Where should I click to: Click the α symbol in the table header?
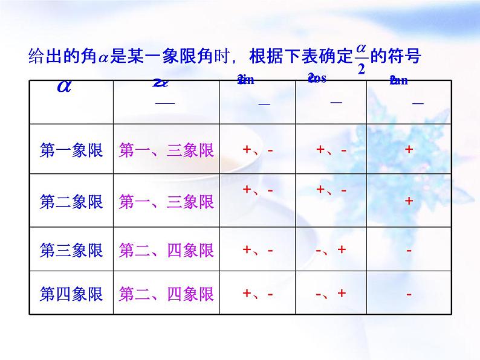tap(64, 86)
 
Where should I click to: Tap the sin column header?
tap(246, 80)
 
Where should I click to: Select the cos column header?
tap(317, 78)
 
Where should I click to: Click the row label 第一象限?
tap(71, 150)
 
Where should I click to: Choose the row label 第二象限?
tap(71, 201)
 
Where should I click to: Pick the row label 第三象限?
tap(71, 249)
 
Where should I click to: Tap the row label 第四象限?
tap(71, 294)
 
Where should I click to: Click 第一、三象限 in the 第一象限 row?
tap(166, 150)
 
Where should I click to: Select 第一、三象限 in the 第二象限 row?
tap(166, 201)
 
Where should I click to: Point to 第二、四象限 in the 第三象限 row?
tap(166, 249)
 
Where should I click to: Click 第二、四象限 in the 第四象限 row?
tap(166, 294)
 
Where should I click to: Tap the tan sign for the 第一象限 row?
tap(409, 150)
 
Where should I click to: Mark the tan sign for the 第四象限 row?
tap(409, 294)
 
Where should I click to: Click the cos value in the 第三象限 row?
tap(331, 249)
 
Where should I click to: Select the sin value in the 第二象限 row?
tap(258, 190)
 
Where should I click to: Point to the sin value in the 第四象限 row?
tap(258, 294)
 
